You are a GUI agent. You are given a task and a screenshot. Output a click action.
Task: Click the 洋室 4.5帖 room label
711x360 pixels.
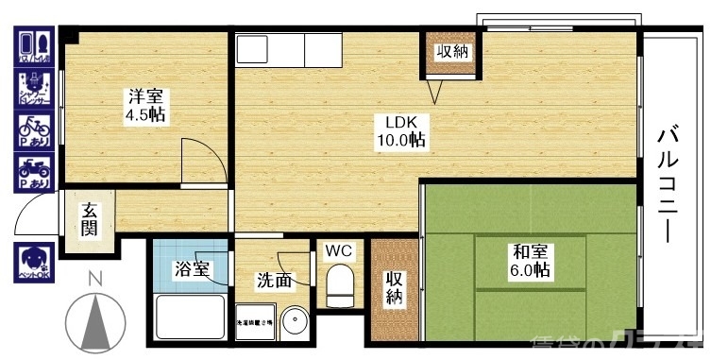tap(145, 106)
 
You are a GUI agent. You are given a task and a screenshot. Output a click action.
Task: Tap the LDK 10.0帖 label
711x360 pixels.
tap(400, 131)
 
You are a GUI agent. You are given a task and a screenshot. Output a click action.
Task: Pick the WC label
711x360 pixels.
tap(338, 251)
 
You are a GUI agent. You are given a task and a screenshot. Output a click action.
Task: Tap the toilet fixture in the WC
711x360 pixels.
tap(338, 283)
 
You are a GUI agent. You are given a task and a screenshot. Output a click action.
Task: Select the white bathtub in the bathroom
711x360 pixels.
tap(189, 317)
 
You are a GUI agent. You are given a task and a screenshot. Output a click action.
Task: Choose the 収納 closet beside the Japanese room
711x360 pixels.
tap(393, 289)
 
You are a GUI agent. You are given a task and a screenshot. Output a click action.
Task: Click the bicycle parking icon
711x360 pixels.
tap(34, 129)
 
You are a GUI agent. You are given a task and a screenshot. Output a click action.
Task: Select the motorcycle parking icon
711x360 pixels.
tap(34, 173)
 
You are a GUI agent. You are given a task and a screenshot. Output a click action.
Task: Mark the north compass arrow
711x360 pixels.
tap(94, 322)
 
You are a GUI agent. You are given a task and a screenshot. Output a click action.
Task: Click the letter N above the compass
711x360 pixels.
tap(93, 279)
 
